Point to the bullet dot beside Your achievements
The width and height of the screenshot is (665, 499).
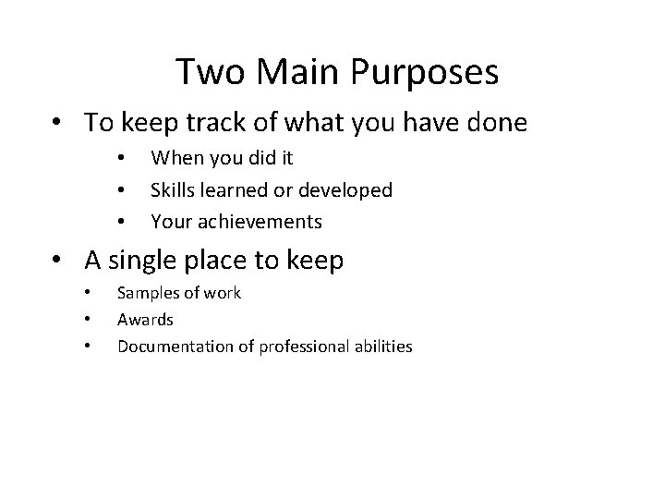tap(121, 222)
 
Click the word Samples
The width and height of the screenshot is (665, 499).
tap(147, 293)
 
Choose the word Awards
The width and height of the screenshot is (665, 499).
tap(145, 320)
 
